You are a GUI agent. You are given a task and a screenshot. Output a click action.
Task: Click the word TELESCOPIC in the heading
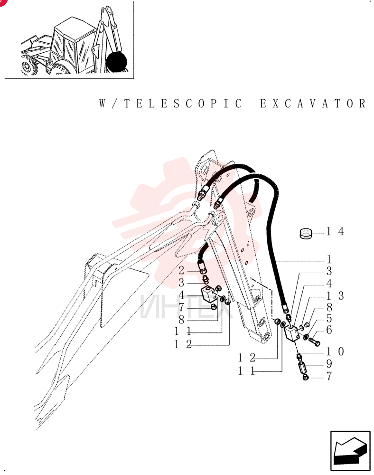coord(183,104)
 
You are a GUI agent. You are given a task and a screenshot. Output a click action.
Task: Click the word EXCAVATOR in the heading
coord(313,104)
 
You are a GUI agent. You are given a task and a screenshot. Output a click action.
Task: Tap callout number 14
coord(335,231)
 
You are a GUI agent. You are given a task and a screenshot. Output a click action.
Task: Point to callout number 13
coord(335,295)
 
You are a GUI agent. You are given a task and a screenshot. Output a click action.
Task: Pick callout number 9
coord(329,364)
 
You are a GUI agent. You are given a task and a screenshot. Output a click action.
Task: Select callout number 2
coord(181,270)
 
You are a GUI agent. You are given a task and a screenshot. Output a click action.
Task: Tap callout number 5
coord(329,318)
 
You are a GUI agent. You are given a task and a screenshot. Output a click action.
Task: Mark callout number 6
coord(329,330)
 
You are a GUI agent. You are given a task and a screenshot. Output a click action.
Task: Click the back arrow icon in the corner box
coord(350,451)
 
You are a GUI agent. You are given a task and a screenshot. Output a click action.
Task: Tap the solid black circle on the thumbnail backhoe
coord(116,61)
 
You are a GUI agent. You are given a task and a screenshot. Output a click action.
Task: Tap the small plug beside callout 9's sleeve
coord(305,378)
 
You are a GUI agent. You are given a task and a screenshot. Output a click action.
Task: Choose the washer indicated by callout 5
coord(306,336)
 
